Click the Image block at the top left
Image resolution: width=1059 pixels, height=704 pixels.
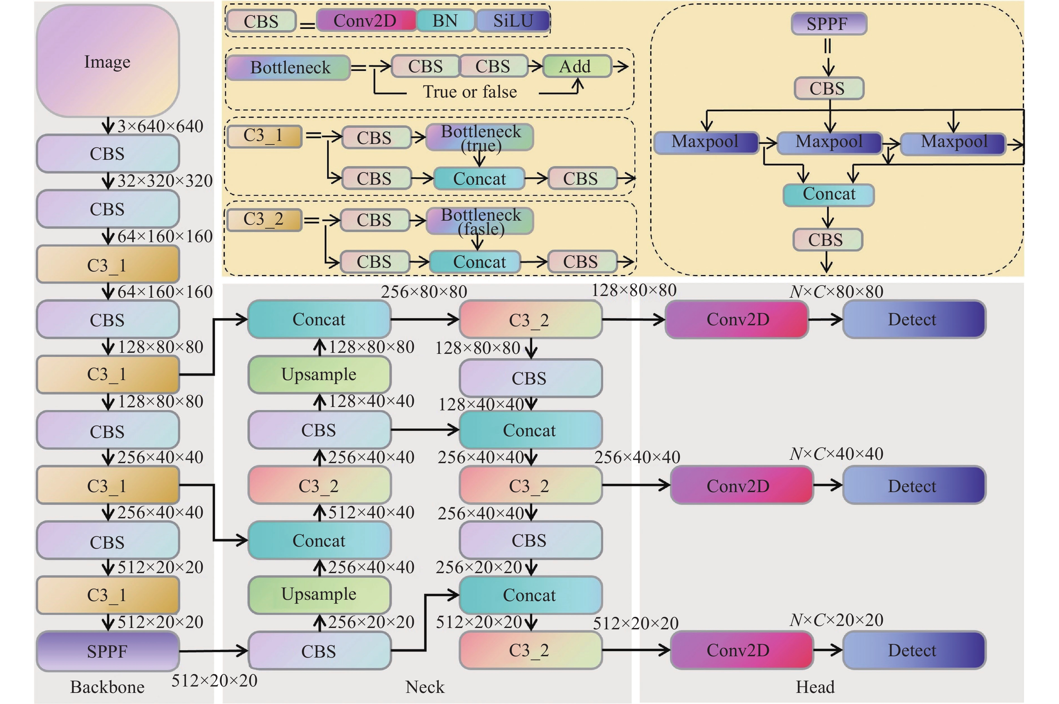coord(107,61)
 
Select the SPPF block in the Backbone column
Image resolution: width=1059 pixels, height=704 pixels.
coord(107,651)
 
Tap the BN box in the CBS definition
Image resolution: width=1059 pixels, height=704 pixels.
coord(445,21)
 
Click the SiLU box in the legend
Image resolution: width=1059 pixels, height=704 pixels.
coord(513,21)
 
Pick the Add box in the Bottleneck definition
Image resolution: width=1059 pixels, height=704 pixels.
coord(576,67)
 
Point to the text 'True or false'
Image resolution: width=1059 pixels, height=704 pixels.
coord(469,92)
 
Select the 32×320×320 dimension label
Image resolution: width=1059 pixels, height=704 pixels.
coord(165,181)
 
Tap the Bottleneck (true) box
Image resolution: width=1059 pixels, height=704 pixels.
coord(480,137)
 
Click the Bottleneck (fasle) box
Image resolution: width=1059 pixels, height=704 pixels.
coord(480,221)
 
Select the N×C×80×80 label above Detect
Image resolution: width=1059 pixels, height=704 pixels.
coord(836,292)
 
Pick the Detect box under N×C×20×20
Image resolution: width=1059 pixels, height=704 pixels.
coord(914,650)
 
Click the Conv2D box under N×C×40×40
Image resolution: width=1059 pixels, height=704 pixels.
coord(741,485)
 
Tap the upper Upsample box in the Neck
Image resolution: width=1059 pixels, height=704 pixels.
coord(319,374)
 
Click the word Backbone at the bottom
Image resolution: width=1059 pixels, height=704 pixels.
coord(107,687)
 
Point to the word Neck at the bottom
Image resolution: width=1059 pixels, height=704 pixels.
coord(425,687)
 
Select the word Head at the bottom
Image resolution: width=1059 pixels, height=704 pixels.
coord(815,687)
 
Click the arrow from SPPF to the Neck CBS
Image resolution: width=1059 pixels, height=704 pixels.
coord(213,651)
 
